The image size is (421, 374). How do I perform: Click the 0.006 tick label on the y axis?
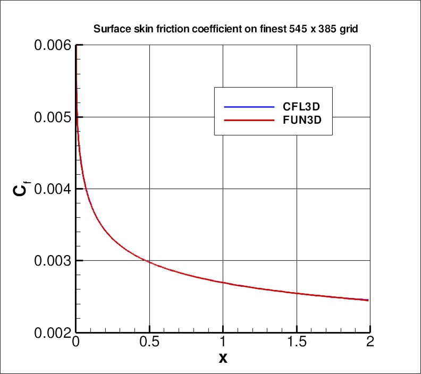click(x=52, y=46)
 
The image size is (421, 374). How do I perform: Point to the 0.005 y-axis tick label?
click(x=52, y=117)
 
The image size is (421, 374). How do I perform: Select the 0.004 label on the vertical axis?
click(x=52, y=189)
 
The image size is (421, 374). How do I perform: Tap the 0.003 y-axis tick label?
click(x=52, y=261)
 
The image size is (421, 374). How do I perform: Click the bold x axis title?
click(x=223, y=359)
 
